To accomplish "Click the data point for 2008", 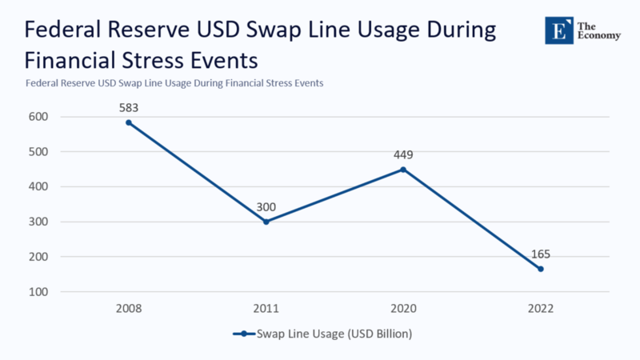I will [x=128, y=122].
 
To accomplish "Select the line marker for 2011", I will [x=266, y=222].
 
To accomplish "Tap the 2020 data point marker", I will [x=403, y=170].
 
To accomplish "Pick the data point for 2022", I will [x=541, y=269].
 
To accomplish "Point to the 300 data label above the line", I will [x=266, y=207].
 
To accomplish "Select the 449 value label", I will [x=403, y=154].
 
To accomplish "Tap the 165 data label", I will [x=541, y=254].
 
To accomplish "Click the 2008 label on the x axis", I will [x=128, y=308].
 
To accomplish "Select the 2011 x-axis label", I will [x=266, y=308].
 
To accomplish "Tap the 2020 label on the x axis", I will [x=403, y=308].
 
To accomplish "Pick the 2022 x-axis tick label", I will [x=541, y=308].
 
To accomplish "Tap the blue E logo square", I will [x=559, y=30].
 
